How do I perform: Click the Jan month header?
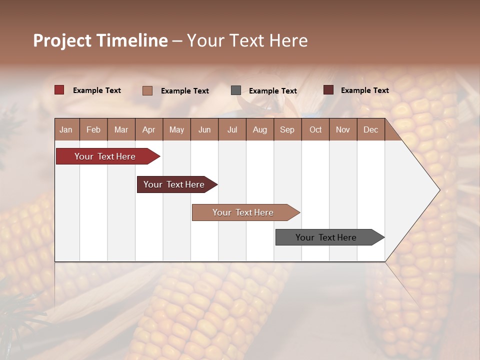click(x=66, y=129)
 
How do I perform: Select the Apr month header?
click(x=148, y=129)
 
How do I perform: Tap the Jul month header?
click(x=232, y=129)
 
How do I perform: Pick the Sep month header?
click(x=287, y=129)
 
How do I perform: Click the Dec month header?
click(x=370, y=129)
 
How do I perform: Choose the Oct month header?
click(x=315, y=129)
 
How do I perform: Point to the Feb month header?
click(x=93, y=129)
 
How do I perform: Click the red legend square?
click(x=59, y=90)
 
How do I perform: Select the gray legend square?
click(x=236, y=90)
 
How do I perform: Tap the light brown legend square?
click(x=147, y=90)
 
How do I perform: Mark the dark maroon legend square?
click(x=328, y=90)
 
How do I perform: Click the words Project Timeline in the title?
click(x=100, y=40)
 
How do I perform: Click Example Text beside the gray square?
click(x=272, y=90)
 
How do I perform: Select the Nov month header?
click(x=342, y=129)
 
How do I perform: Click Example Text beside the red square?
click(x=96, y=90)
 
